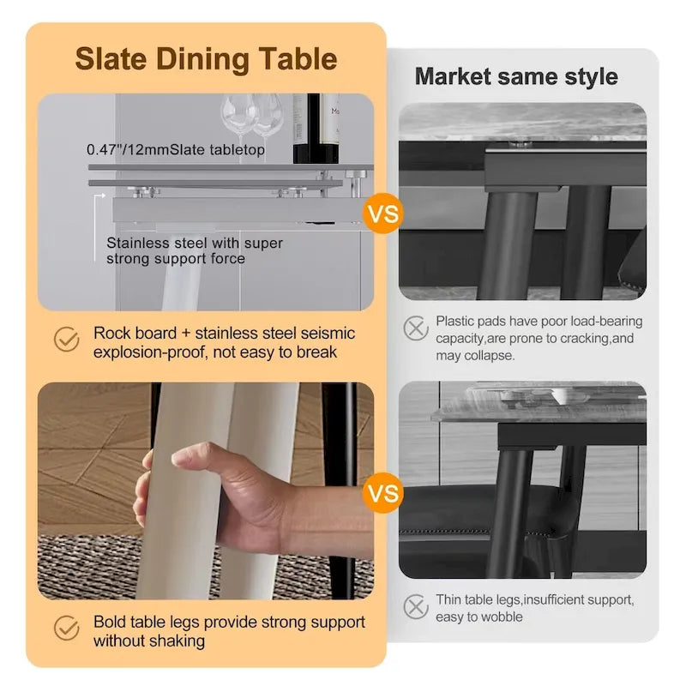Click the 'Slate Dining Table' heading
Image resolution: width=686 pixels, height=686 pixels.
pos(206,59)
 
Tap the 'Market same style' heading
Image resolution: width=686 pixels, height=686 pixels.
pos(516,76)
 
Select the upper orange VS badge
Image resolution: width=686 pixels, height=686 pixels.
pos(382,212)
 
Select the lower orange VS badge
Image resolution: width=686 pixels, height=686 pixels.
pos(382,493)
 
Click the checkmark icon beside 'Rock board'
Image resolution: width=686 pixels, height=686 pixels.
pos(67,339)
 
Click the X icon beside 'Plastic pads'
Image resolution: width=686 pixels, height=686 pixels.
pos(416,327)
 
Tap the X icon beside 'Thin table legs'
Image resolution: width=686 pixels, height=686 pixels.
pos(416,607)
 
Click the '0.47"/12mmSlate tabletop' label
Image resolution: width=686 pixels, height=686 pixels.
pos(176,149)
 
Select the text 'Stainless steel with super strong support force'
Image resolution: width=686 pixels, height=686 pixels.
pos(194,251)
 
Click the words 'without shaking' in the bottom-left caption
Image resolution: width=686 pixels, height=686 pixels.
pos(151,641)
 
